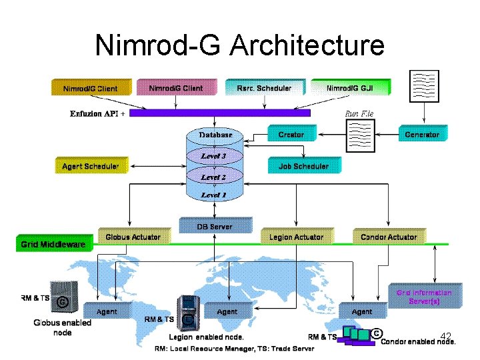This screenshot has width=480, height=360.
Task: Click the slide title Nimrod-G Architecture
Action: click(240, 45)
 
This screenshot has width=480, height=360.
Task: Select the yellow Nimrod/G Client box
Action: click(91, 87)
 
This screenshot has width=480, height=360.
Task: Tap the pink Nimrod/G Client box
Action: click(176, 87)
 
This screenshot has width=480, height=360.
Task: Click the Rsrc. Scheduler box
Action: click(264, 87)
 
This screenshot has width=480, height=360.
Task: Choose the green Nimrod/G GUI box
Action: click(350, 87)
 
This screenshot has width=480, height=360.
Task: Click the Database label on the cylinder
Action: click(215, 135)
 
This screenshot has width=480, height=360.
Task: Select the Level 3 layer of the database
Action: click(214, 156)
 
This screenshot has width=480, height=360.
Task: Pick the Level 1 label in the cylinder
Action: click(214, 195)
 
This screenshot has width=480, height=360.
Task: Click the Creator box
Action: click(291, 134)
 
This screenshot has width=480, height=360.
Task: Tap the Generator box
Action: click(422, 134)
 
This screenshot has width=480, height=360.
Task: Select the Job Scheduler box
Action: click(304, 165)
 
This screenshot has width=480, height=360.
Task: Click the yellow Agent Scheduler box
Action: click(91, 165)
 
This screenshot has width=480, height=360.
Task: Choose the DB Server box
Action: click(215, 226)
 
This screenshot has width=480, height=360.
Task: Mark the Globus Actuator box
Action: click(133, 237)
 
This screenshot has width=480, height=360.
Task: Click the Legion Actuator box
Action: click(297, 237)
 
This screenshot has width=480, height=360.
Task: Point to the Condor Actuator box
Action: click(389, 237)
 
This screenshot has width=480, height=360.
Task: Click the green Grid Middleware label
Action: click(53, 244)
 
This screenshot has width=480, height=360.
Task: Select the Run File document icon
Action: click(359, 135)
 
